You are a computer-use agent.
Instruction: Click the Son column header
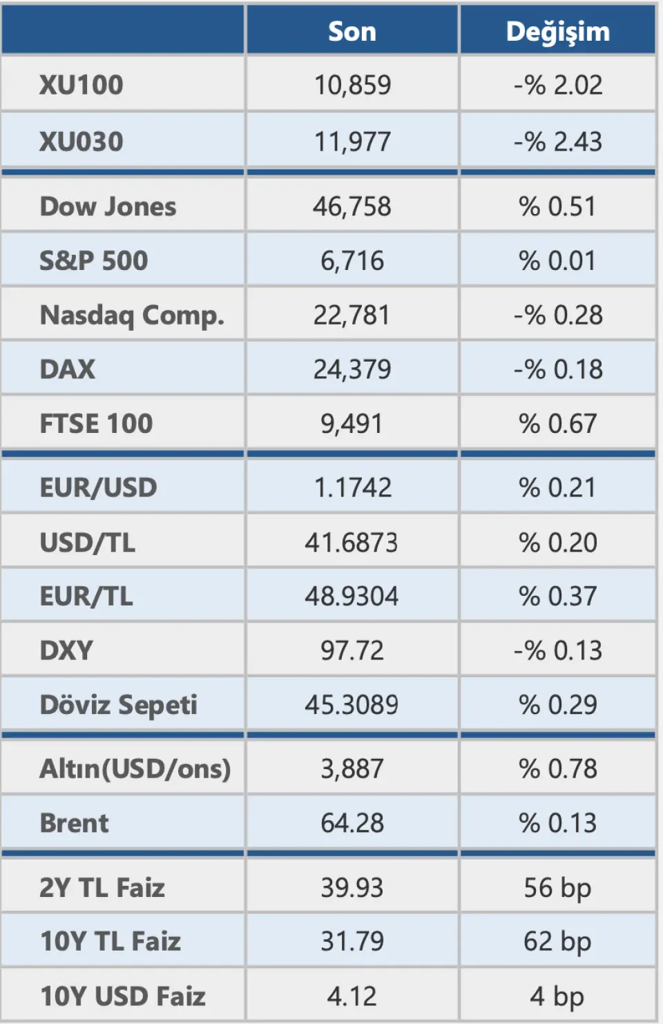tap(352, 32)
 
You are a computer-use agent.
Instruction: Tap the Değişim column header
tap(558, 32)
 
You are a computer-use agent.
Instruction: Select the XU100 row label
tap(81, 85)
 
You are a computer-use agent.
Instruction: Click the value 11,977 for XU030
tap(352, 142)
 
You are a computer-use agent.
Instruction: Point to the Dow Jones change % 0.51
tap(558, 206)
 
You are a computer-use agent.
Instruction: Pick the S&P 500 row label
tap(94, 261)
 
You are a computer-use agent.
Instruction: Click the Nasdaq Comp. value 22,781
tap(352, 316)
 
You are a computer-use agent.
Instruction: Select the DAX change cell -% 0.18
tap(558, 369)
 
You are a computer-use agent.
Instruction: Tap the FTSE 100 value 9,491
tap(352, 423)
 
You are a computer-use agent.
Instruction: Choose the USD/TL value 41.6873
tap(352, 543)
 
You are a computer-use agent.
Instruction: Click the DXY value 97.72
tap(352, 650)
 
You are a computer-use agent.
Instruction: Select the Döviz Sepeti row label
tap(119, 705)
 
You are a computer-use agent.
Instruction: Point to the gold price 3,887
tap(352, 769)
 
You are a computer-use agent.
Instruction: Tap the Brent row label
tap(75, 823)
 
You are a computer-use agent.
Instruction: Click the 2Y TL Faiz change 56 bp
tap(558, 887)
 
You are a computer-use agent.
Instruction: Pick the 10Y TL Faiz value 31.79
tap(352, 941)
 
